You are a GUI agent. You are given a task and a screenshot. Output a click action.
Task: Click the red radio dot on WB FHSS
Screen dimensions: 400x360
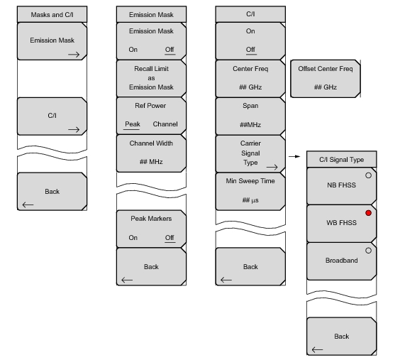coord(368,213)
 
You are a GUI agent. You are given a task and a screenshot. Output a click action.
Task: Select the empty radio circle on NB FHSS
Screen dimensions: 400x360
coord(368,175)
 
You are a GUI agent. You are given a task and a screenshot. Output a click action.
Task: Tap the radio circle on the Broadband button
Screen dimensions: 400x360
coord(368,251)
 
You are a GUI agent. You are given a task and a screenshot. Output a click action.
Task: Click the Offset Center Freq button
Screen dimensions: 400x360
coord(326,79)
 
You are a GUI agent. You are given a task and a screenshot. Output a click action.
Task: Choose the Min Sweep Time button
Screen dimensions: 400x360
coord(250,192)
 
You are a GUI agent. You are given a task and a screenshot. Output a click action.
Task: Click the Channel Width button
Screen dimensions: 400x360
coord(151,153)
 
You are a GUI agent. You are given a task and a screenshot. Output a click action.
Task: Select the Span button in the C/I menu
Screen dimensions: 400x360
coord(250,116)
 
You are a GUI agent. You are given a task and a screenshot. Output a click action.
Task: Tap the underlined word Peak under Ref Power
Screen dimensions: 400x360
coord(133,124)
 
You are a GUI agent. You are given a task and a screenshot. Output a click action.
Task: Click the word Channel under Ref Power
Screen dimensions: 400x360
coord(165,124)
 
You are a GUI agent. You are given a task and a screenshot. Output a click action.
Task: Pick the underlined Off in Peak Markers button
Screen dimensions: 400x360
coord(170,238)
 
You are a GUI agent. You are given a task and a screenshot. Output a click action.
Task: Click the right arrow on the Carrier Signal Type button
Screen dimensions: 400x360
coord(272,168)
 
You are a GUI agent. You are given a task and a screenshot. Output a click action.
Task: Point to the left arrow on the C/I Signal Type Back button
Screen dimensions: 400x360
coord(317,349)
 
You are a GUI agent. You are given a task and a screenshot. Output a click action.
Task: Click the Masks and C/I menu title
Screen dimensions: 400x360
coord(52,14)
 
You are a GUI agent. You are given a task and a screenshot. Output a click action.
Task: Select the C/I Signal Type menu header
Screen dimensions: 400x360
coord(342,160)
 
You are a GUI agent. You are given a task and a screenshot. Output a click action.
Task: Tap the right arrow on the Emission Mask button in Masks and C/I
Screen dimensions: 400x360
coord(74,55)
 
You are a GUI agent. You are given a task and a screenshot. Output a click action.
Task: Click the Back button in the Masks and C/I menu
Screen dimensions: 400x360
coord(52,192)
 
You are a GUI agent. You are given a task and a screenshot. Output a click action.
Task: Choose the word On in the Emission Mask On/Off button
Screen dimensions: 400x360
coord(133,50)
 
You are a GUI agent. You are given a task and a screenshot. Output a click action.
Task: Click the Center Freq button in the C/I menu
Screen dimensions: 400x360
coord(250,79)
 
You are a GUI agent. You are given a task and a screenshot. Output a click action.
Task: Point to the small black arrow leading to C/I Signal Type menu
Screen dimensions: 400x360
coord(294,156)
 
